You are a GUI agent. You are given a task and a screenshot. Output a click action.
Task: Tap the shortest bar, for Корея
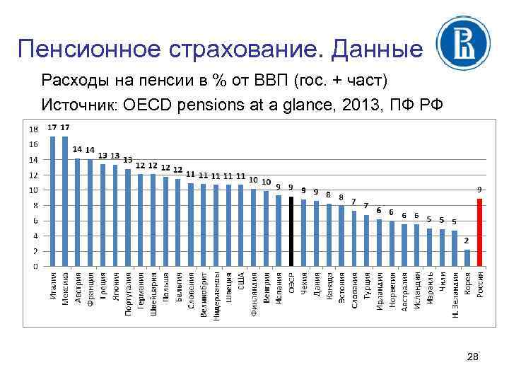(467, 258)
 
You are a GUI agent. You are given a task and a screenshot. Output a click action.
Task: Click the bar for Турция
(366, 241)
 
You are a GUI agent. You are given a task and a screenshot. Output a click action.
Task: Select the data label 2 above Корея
(467, 241)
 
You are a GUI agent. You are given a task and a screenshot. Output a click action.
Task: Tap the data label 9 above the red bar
(479, 190)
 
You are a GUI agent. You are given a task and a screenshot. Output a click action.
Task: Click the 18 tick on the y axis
(33, 129)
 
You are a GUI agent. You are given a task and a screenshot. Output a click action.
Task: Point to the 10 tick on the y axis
(33, 190)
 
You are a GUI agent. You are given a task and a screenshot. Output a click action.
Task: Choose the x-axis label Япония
(115, 286)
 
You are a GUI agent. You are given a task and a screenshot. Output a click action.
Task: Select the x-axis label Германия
(140, 289)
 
